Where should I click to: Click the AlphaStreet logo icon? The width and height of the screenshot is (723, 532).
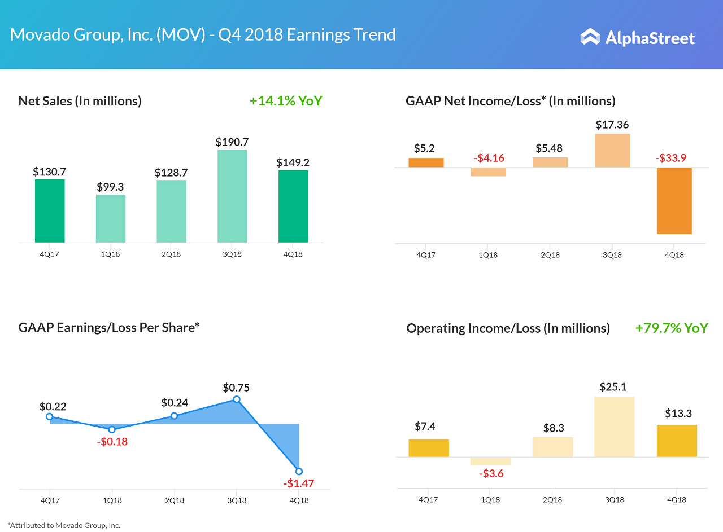tap(590, 37)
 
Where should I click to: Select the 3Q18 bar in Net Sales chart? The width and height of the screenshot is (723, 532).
tap(232, 196)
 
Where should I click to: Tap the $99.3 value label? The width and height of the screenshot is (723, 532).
tap(110, 187)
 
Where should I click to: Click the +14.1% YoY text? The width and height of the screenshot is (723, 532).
tap(286, 101)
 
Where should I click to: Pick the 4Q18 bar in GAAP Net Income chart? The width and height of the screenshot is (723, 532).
tap(674, 201)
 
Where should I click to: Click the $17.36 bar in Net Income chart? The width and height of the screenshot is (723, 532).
tap(613, 151)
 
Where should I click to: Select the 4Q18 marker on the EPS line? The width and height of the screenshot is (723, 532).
tap(299, 471)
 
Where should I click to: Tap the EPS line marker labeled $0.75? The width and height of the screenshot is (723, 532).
tap(237, 399)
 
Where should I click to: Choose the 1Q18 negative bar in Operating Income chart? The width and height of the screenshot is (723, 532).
tap(490, 461)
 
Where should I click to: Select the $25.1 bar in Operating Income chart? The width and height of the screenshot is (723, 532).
tap(615, 427)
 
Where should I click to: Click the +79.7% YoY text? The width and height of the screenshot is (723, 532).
tap(671, 328)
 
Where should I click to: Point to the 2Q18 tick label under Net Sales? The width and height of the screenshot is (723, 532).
tap(171, 254)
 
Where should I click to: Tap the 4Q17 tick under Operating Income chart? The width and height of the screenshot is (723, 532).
tap(428, 500)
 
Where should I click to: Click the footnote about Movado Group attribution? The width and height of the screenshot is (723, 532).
tap(64, 525)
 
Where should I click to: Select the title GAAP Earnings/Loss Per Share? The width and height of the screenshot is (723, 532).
tap(109, 327)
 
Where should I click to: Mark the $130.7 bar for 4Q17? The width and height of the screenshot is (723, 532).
tap(50, 211)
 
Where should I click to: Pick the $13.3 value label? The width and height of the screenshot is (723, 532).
tap(678, 414)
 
